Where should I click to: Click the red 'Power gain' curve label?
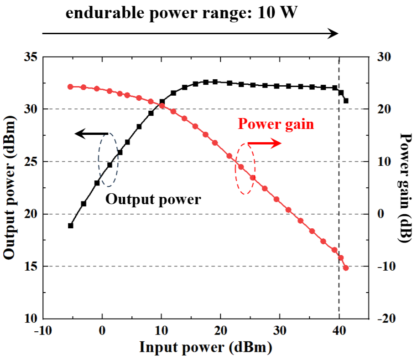click(276, 124)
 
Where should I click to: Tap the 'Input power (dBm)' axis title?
click(206, 348)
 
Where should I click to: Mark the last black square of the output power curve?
click(346, 101)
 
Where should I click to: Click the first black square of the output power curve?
click(71, 226)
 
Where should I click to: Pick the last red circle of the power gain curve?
click(346, 268)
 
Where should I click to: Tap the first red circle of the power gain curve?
click(71, 87)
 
